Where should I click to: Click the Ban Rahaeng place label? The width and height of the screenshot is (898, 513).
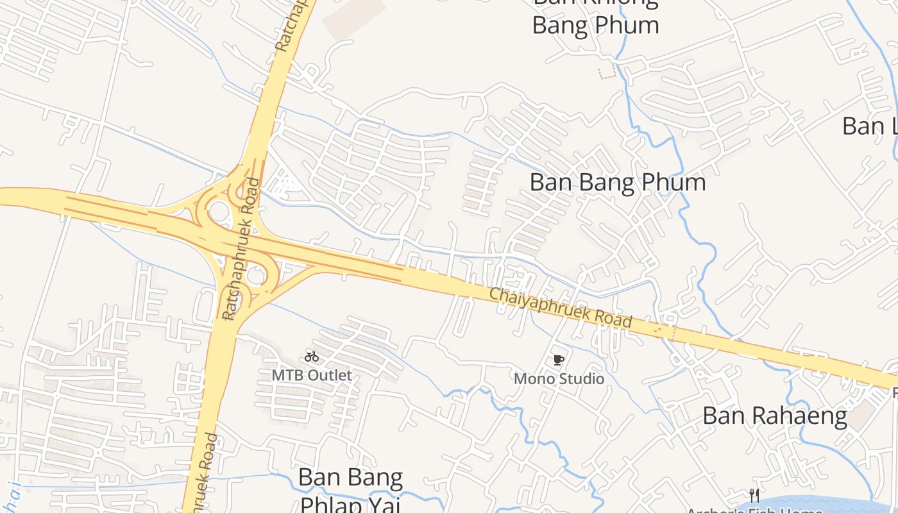775,416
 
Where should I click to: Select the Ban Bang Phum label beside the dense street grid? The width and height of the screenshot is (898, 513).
617,183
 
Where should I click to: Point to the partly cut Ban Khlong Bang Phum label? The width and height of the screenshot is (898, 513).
595,19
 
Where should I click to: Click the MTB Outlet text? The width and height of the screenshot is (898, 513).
312,375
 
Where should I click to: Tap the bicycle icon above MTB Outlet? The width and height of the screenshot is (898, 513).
312,357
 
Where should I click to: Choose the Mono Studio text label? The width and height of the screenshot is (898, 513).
559,379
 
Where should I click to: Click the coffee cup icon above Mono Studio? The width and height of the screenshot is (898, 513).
558,360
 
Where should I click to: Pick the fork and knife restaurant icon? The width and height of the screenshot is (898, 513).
754,495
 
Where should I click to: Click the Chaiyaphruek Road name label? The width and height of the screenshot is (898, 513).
561,308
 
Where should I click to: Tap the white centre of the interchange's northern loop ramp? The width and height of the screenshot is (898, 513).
219,210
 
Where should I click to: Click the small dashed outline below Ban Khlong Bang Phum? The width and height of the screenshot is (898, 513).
607,71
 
